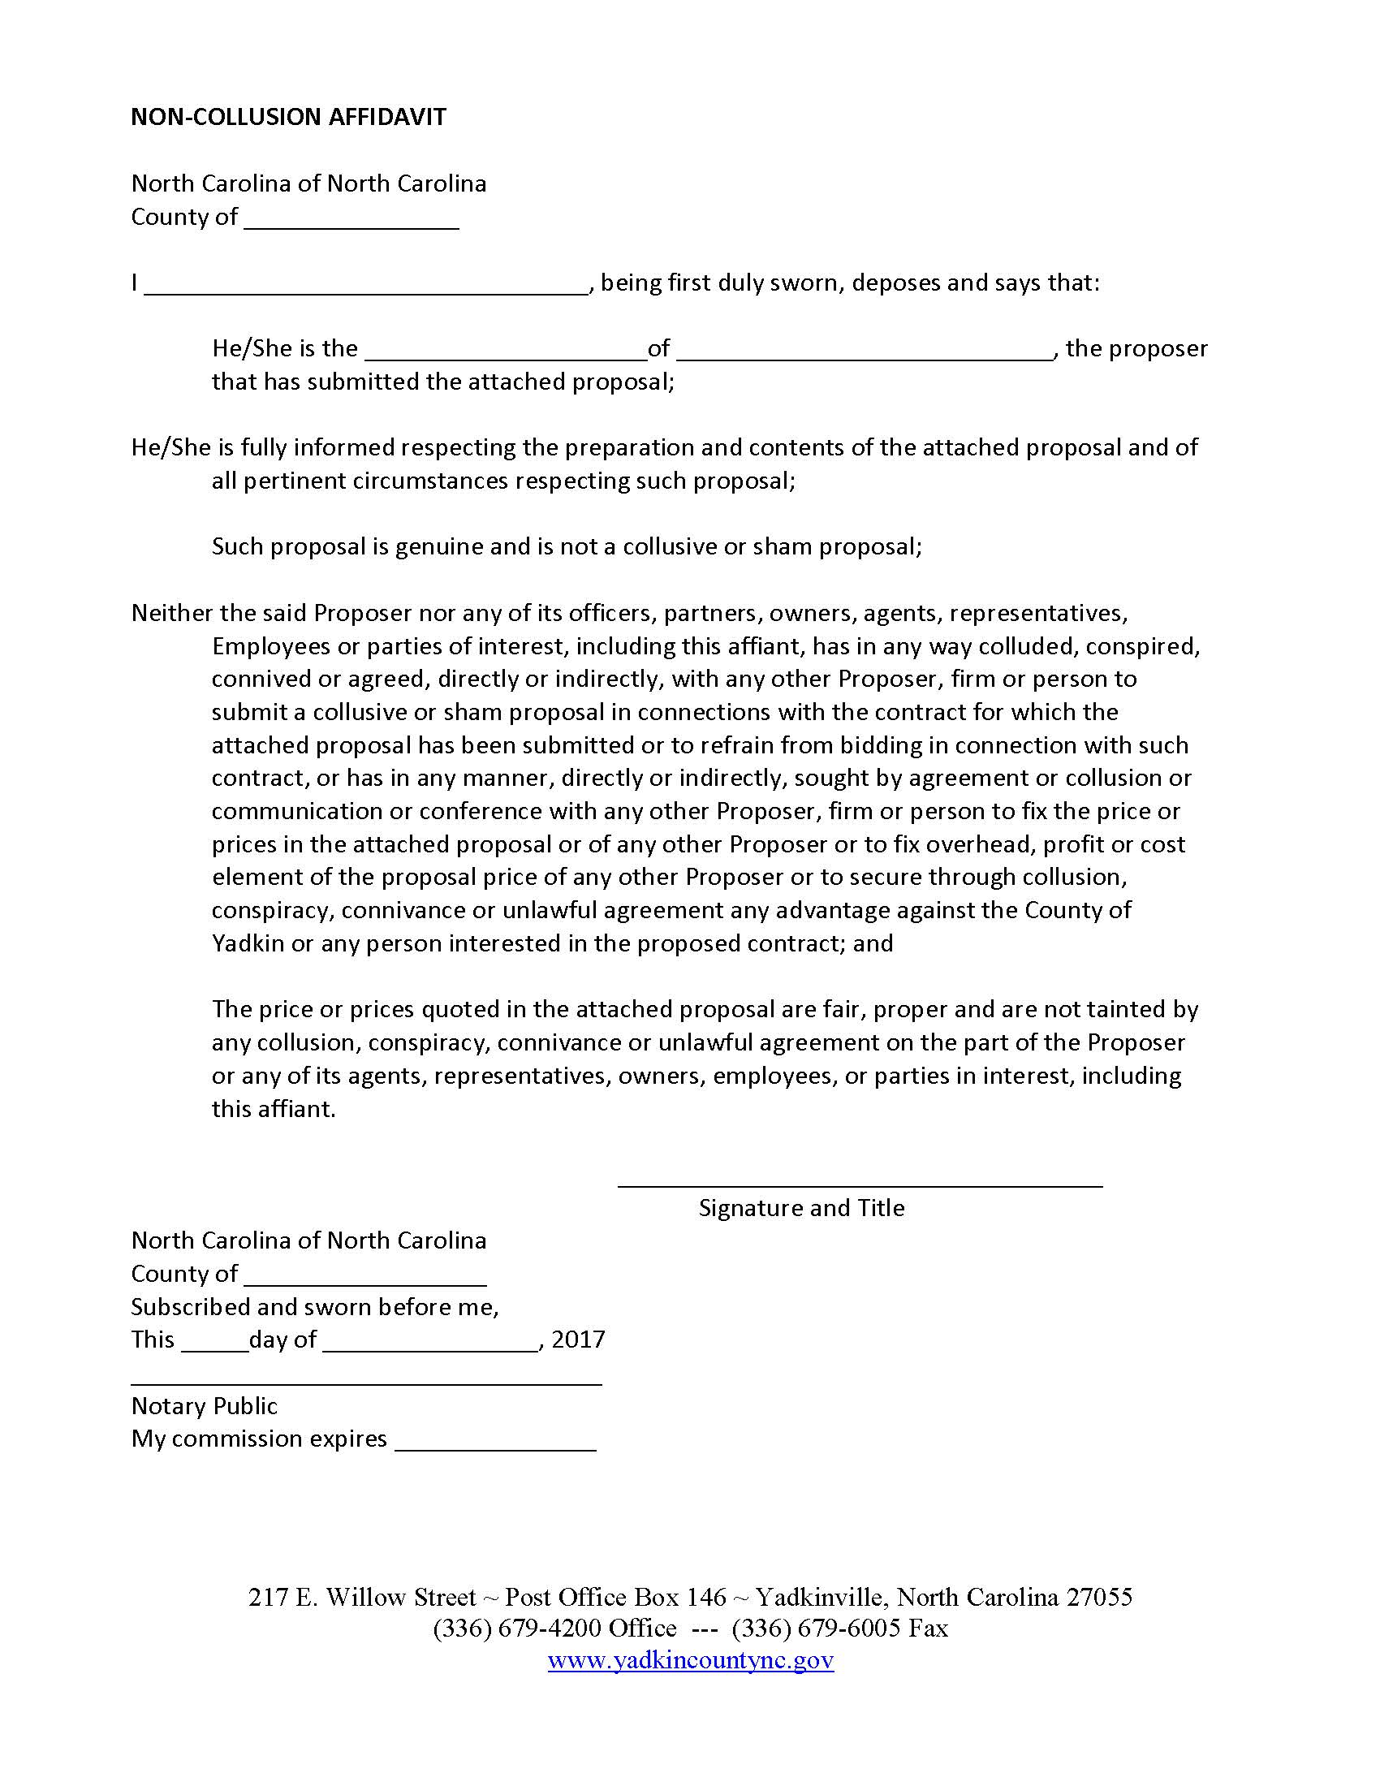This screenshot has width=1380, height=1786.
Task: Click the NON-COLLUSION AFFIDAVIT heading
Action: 288,117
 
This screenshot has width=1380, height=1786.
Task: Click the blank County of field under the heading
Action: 351,219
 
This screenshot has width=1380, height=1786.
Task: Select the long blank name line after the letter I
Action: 366,286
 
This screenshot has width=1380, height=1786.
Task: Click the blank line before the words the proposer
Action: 865,351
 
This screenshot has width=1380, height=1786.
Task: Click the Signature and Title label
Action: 801,1208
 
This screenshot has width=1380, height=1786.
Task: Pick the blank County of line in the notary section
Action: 364,1276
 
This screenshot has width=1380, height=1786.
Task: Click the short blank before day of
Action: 214,1342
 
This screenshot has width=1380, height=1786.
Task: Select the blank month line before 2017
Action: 431,1342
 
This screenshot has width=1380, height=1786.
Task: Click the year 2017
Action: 578,1339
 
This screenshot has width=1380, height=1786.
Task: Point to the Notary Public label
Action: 205,1406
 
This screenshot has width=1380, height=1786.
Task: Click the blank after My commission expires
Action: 494,1441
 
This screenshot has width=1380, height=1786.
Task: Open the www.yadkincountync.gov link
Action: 690,1661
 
